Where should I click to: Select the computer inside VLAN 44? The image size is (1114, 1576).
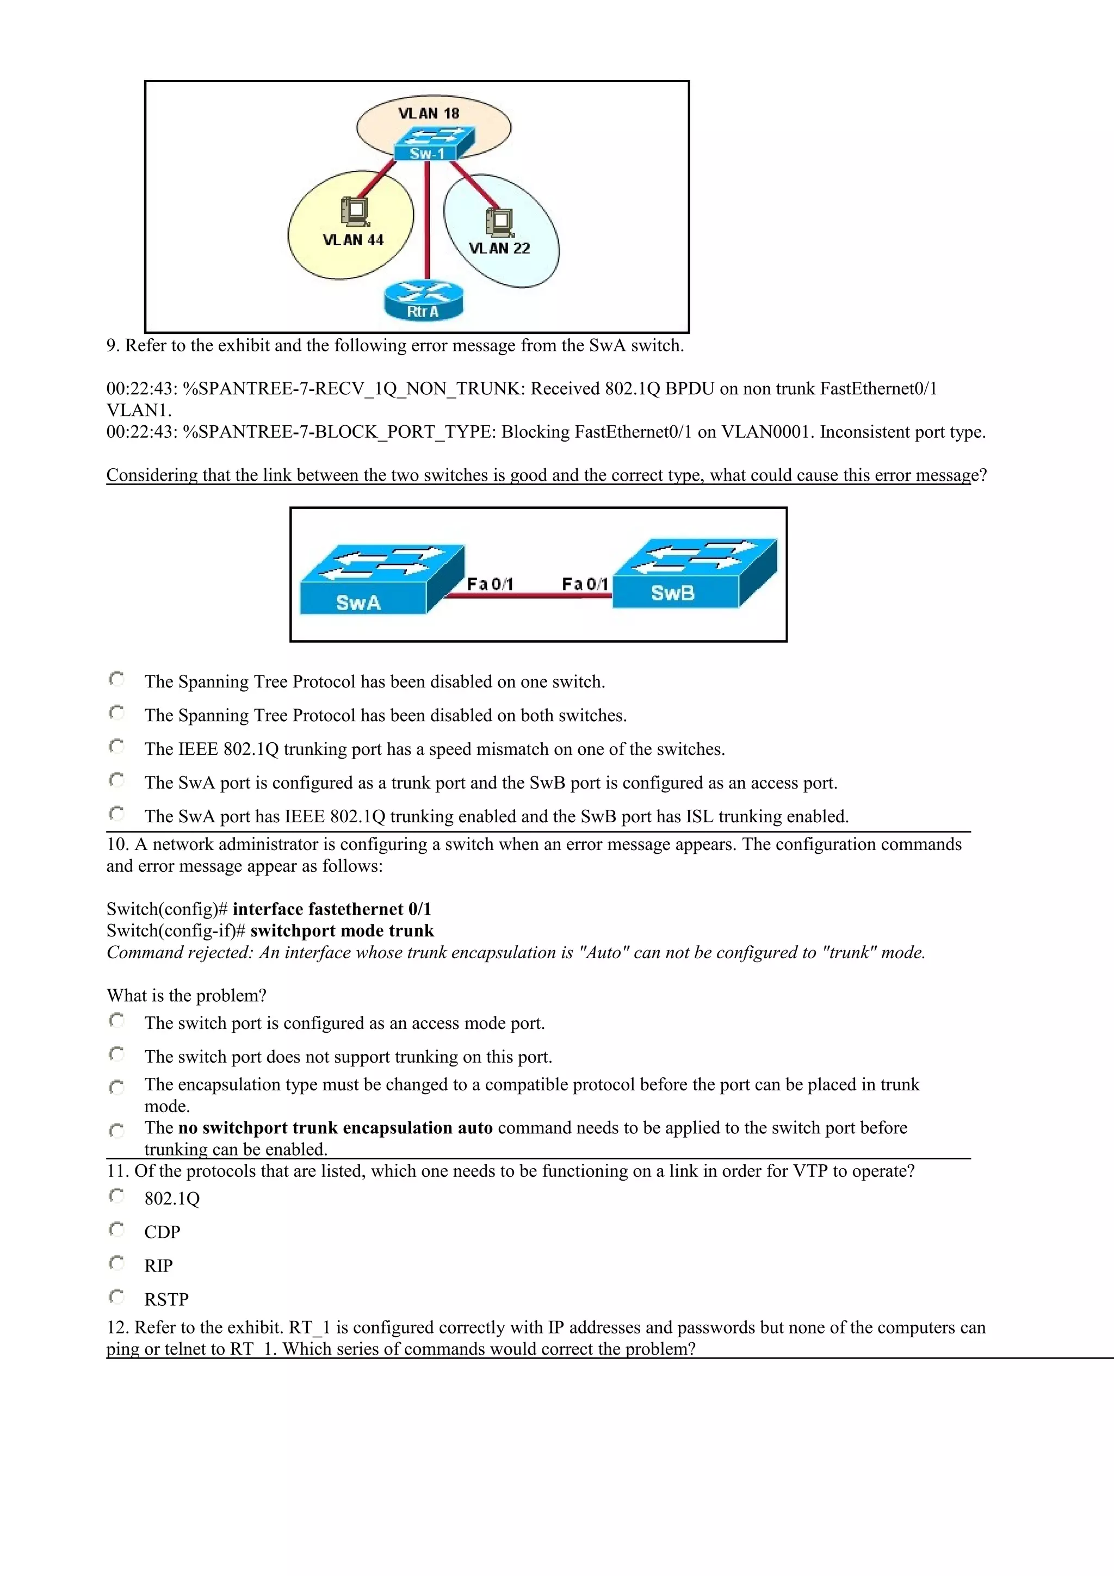click(x=355, y=210)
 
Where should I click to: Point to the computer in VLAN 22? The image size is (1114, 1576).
click(x=499, y=220)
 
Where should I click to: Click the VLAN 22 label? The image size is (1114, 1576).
click(x=499, y=249)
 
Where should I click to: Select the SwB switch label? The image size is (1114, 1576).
click(x=673, y=593)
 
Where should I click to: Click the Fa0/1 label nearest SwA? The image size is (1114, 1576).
click(x=490, y=584)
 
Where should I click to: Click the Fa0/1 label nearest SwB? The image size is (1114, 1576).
click(x=585, y=584)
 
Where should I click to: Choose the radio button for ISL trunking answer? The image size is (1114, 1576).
click(x=117, y=814)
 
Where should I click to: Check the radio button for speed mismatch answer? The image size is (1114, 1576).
click(x=117, y=746)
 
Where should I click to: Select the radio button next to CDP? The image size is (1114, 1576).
click(x=117, y=1230)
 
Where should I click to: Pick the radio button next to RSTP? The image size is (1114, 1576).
click(x=117, y=1296)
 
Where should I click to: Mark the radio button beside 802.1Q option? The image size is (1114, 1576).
click(x=117, y=1196)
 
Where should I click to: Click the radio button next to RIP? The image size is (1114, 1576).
click(x=117, y=1263)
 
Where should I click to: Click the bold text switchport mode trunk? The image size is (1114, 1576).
click(x=342, y=931)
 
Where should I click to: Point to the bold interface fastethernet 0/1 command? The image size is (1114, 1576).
click(x=331, y=909)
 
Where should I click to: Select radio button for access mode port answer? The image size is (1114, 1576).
click(x=117, y=1021)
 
